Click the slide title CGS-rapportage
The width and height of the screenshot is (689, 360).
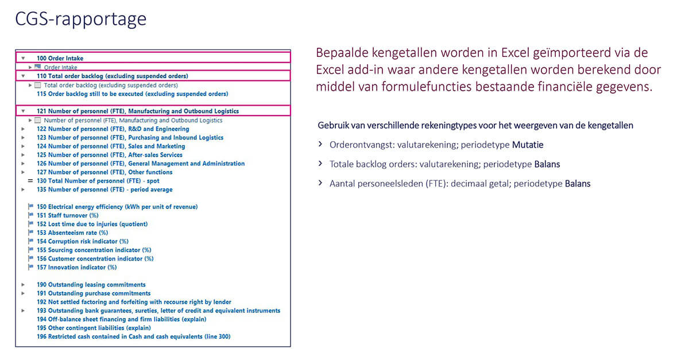[81, 19]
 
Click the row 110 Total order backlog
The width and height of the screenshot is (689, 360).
[112, 76]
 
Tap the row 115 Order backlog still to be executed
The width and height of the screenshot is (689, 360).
[132, 94]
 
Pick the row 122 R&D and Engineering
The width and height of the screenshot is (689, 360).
[113, 129]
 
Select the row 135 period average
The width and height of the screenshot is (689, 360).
[104, 189]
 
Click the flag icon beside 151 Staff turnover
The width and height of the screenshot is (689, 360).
[30, 215]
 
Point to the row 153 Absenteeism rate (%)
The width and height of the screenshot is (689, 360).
[72, 233]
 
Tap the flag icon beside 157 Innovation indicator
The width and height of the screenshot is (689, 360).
[30, 267]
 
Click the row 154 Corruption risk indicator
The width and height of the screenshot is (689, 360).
[83, 241]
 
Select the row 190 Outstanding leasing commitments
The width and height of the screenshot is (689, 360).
[91, 285]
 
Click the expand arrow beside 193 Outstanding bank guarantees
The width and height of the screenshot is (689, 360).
[23, 311]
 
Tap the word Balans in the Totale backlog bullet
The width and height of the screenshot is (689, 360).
[547, 165]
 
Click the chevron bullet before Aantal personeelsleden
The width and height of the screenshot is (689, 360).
[320, 184]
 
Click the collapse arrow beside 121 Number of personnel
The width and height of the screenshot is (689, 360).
[23, 111]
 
